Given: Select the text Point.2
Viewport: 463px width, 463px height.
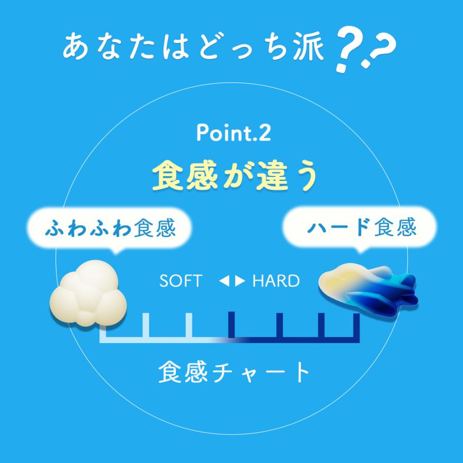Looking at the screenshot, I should (233, 133).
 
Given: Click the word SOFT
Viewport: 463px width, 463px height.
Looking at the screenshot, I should (181, 281).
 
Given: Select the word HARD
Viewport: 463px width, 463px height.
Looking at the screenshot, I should (276, 281).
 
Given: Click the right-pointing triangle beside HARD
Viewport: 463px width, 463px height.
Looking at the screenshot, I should (241, 281).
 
